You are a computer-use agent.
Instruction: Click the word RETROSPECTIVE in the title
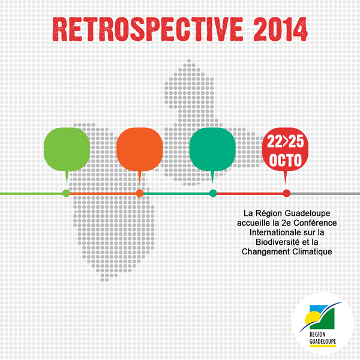(x=148, y=29)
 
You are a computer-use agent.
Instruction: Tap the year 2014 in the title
(x=281, y=29)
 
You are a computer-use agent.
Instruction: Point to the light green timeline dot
(x=67, y=193)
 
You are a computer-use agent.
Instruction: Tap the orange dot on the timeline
(x=140, y=193)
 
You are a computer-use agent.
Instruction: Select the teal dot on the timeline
(x=213, y=193)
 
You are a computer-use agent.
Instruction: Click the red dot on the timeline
(x=287, y=193)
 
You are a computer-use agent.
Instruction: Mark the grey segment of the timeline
(x=325, y=194)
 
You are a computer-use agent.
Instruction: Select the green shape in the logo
(x=324, y=319)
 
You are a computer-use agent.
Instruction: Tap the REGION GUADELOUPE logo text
(x=323, y=338)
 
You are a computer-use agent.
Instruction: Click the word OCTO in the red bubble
(x=286, y=160)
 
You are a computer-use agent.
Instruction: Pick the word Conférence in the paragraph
(x=315, y=223)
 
